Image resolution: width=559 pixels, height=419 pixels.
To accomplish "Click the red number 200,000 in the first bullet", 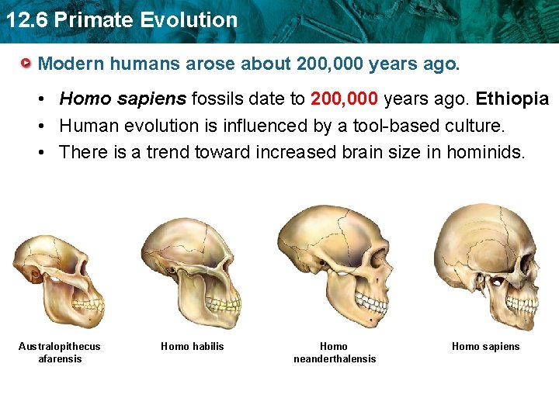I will [345, 99].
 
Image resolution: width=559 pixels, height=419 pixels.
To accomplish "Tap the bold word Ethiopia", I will [512, 99].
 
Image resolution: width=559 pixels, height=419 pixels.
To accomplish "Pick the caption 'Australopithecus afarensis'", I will [60, 352].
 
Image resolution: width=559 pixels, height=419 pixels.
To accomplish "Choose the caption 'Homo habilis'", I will [192, 346].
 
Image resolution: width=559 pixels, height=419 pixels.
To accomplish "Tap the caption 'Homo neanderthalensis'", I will [334, 352].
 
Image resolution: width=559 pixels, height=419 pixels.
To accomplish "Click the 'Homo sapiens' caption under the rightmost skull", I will [485, 346].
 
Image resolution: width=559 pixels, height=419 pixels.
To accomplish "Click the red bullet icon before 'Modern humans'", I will [27, 63].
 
